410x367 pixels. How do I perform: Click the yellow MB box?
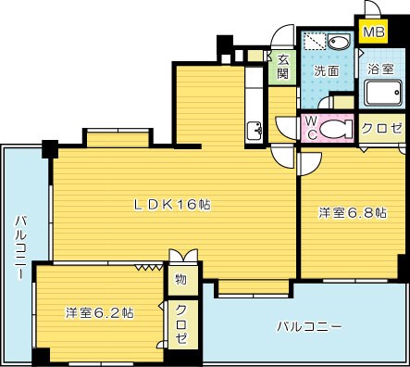(x=373, y=34)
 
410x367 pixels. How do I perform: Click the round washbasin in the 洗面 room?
(x=338, y=43)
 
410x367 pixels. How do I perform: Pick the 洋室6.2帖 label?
(x=99, y=313)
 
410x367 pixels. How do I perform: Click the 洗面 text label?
(x=324, y=70)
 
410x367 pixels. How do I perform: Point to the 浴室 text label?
(x=379, y=70)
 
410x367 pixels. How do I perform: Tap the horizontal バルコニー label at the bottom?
(x=310, y=327)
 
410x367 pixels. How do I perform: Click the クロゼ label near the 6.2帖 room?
(x=181, y=324)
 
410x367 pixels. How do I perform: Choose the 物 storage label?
(x=180, y=279)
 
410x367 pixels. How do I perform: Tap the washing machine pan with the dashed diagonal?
(x=316, y=43)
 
